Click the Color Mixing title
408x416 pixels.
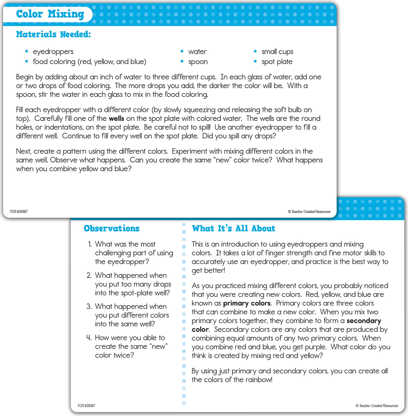click(x=50, y=14)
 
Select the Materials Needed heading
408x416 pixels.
click(x=53, y=34)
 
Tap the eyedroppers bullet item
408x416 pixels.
click(x=53, y=52)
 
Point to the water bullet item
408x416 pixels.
click(x=197, y=52)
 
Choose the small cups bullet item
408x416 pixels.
click(x=277, y=52)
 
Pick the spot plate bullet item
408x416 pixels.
click(x=277, y=62)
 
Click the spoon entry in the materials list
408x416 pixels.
click(x=198, y=62)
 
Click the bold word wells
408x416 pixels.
click(x=116, y=118)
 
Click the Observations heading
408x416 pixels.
click(x=112, y=229)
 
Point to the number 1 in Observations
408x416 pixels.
click(x=90, y=244)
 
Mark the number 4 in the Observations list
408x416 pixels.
click(x=89, y=338)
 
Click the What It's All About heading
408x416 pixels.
click(x=233, y=229)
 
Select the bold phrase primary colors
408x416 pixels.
click(x=247, y=303)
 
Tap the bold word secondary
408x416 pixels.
click(x=364, y=321)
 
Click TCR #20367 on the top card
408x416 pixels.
click(x=19, y=212)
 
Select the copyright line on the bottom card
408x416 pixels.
click(x=377, y=406)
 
